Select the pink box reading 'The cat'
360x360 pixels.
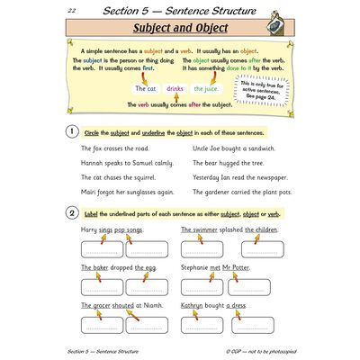click(x=147, y=89)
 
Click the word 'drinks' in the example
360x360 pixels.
click(x=175, y=89)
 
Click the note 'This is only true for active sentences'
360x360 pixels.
click(x=256, y=92)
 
